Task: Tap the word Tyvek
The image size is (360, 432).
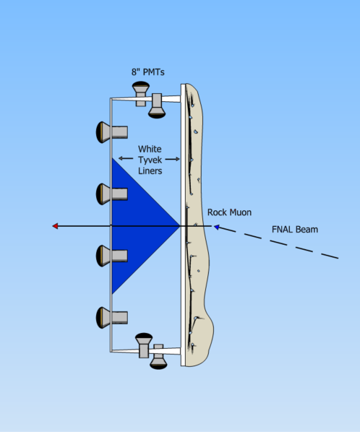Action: pos(150,160)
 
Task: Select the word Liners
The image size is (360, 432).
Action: pos(150,170)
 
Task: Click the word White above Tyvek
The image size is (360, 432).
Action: pos(150,149)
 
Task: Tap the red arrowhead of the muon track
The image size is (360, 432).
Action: pos(56,226)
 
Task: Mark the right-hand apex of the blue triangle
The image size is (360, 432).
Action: pos(179,226)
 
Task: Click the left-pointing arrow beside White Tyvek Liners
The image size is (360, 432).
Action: pos(123,159)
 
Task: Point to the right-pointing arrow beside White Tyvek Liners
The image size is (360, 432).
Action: pos(174,159)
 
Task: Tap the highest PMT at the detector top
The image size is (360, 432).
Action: pos(141,90)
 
